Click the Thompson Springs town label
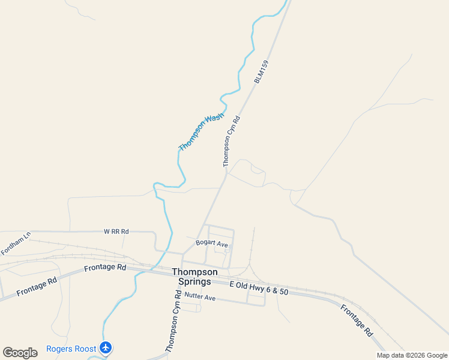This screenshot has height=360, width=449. click(x=191, y=277)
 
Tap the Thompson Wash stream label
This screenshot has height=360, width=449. click(x=201, y=132)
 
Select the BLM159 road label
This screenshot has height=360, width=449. click(x=261, y=71)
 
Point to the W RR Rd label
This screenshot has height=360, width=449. click(x=116, y=231)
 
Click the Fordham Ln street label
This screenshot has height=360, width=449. click(x=16, y=238)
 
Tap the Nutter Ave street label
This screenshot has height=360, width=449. click(x=200, y=296)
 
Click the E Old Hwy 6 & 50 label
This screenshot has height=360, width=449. click(x=259, y=287)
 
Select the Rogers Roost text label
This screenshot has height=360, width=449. click(x=71, y=349)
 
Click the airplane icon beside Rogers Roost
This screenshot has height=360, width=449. click(x=106, y=348)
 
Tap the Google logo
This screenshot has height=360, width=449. click(x=20, y=352)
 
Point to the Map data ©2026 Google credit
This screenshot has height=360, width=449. click(x=412, y=355)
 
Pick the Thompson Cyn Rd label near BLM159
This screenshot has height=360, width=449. click(x=231, y=141)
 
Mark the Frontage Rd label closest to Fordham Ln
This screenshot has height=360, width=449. click(x=37, y=286)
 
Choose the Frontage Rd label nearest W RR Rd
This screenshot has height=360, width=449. click(x=105, y=268)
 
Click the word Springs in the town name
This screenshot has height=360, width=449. click(x=191, y=282)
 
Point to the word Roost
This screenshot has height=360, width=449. click(x=84, y=349)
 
